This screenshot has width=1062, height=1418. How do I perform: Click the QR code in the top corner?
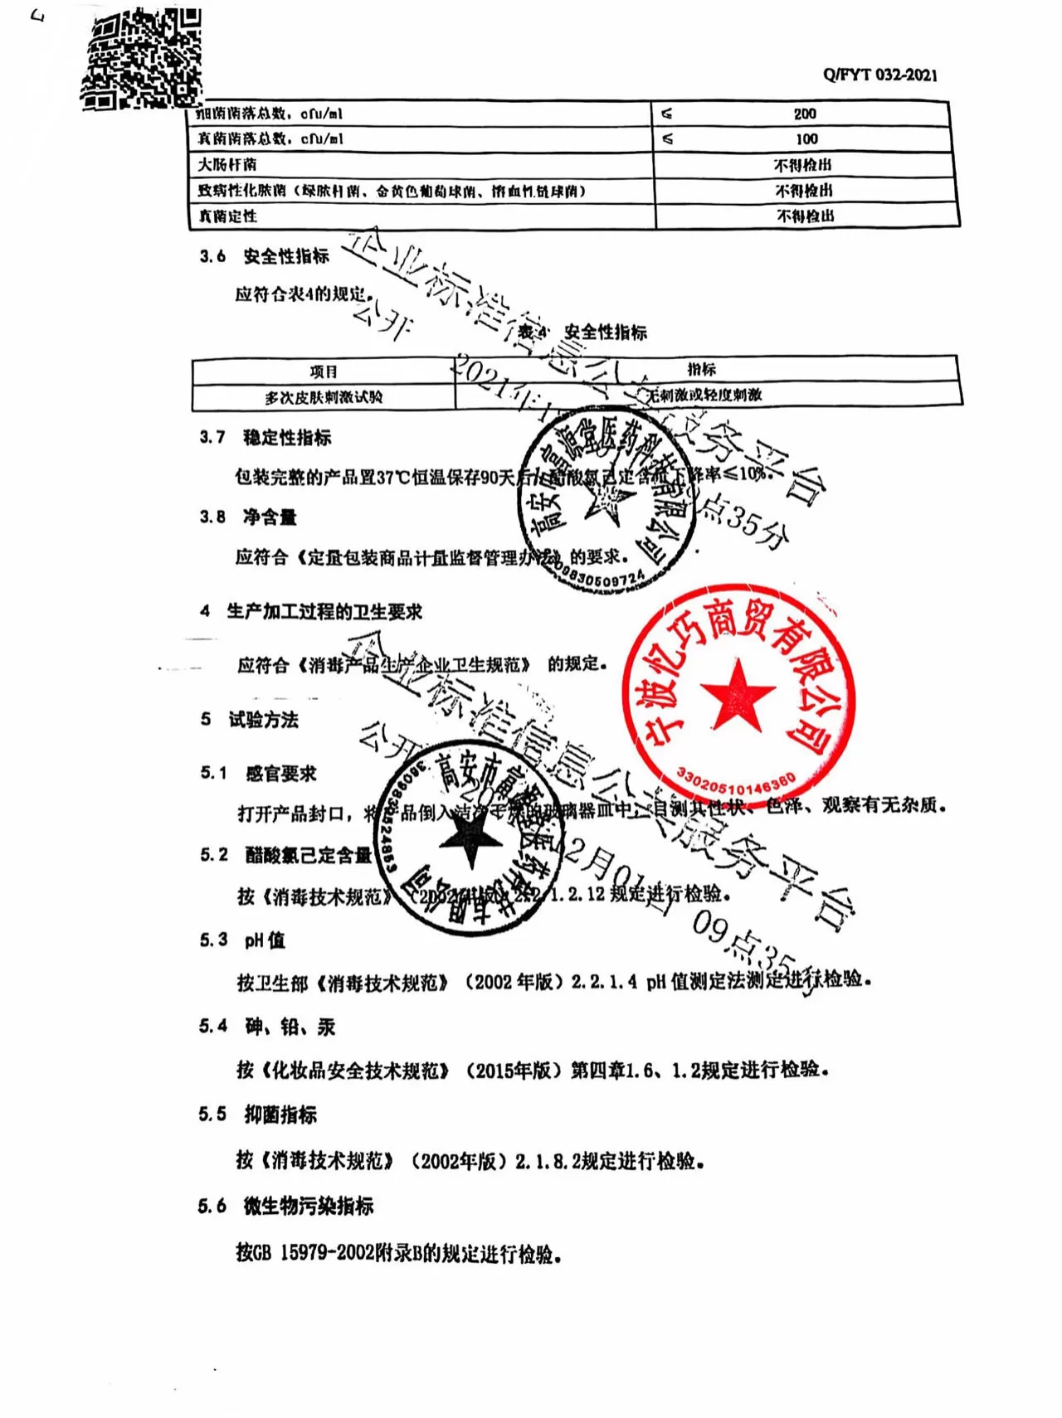(x=142, y=58)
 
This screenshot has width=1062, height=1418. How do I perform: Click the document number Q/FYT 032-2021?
(x=879, y=75)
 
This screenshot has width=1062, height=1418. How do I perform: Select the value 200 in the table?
(x=804, y=114)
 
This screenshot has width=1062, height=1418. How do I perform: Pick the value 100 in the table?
(x=806, y=139)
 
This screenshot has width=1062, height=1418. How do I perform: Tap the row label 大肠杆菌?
(x=227, y=165)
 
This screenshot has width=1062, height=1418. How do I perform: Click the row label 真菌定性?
(x=227, y=216)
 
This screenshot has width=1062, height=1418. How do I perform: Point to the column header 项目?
(x=324, y=371)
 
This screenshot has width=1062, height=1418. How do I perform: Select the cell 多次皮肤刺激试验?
(x=324, y=398)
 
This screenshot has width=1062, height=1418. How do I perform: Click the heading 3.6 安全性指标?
(x=264, y=256)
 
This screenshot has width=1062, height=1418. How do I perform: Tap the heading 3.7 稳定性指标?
(x=265, y=437)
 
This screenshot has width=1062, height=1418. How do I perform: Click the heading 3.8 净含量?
(x=247, y=517)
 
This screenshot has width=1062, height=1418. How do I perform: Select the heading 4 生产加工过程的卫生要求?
(x=311, y=612)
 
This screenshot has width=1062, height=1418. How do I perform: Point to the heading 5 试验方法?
(x=250, y=720)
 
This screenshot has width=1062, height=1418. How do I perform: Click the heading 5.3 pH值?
(x=241, y=940)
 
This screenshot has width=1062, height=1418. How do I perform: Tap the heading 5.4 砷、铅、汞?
(x=266, y=1027)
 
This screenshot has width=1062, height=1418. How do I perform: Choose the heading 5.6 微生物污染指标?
(x=285, y=1206)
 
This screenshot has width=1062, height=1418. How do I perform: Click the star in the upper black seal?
(x=610, y=499)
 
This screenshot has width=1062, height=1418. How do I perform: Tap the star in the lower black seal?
(x=470, y=838)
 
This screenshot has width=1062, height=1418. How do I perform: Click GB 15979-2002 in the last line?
(x=306, y=1253)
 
